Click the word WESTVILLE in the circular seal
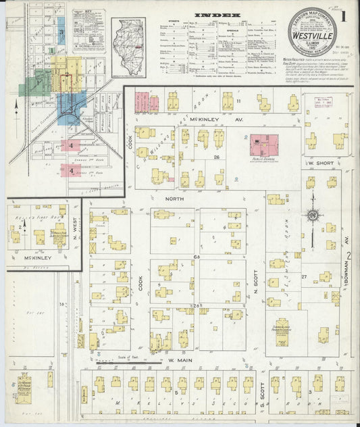312,30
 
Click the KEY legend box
89,30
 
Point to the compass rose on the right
312,216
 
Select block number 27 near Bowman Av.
305,277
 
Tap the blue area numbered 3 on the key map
61,31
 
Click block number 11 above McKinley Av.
238,101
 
